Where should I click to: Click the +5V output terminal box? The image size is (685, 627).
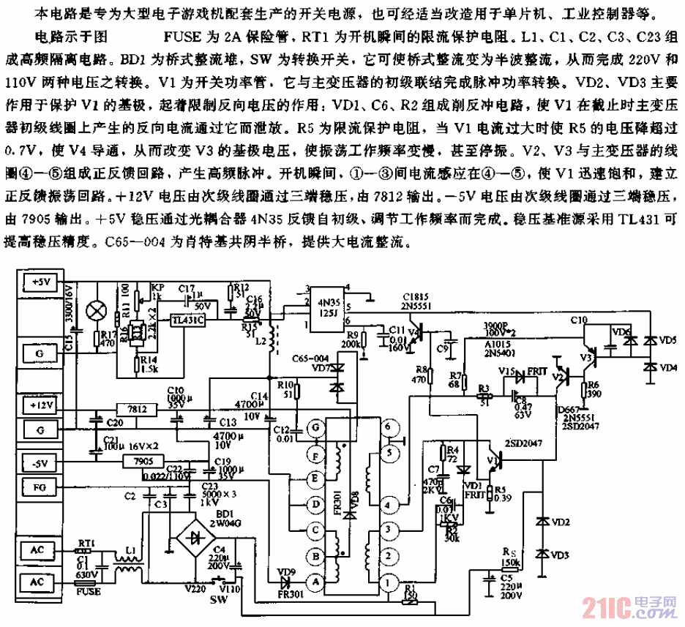pos(41,282)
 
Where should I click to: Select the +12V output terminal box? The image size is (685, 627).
pos(41,404)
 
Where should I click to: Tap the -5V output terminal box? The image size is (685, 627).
pos(41,462)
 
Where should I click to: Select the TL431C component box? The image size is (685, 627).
pos(187,320)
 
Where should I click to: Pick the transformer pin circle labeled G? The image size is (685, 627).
pos(315,427)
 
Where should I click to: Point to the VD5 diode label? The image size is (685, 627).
pos(668,339)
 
